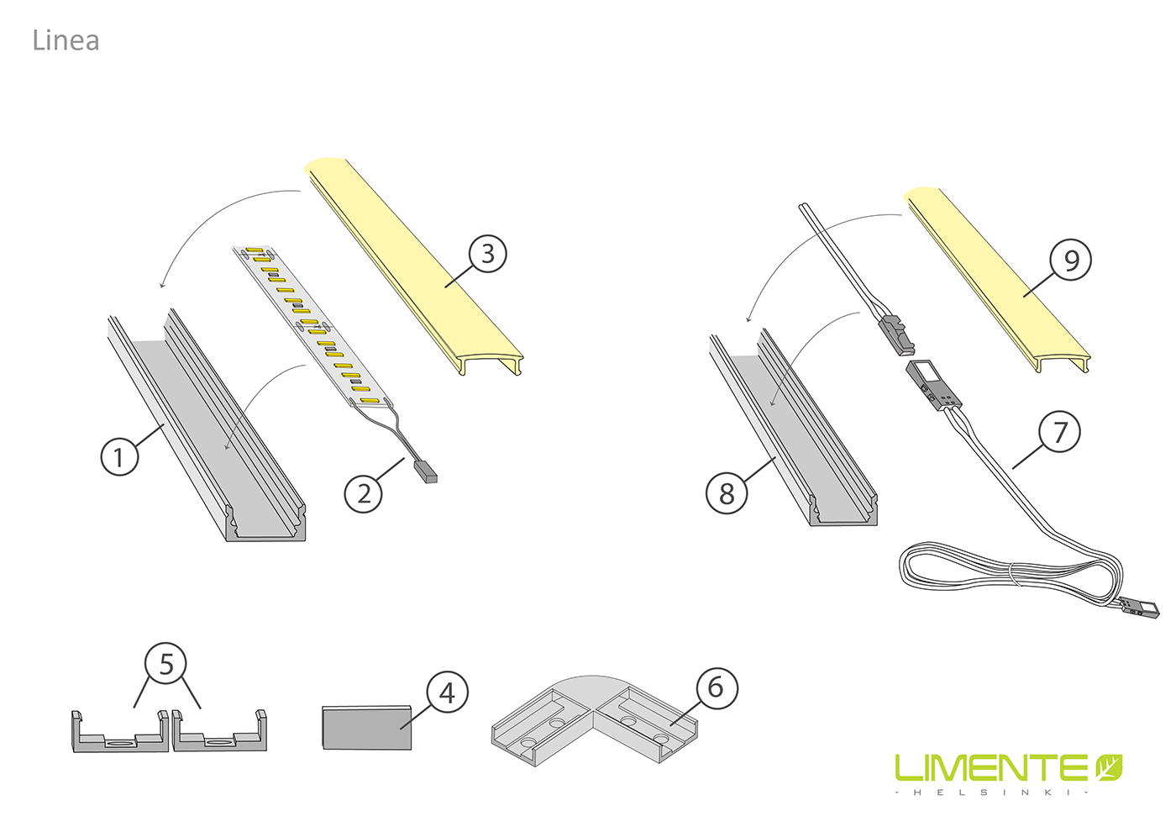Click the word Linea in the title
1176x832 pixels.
click(x=66, y=40)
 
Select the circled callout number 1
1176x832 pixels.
click(x=119, y=456)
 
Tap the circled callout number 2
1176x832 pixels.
click(x=363, y=494)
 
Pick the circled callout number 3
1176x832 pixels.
click(x=488, y=254)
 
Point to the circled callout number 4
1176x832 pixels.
click(x=447, y=692)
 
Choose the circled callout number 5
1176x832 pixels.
click(x=166, y=663)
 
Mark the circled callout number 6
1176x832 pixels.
click(x=717, y=688)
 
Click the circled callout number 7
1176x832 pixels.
click(x=1059, y=432)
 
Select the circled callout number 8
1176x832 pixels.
click(x=727, y=493)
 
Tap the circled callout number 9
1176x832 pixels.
click(x=1070, y=260)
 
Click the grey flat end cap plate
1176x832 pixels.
click(x=366, y=728)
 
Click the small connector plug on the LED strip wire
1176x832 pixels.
click(x=426, y=471)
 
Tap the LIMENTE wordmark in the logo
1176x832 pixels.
click(x=991, y=768)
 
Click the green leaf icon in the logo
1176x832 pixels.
click(x=1109, y=767)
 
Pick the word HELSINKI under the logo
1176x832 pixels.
click(x=992, y=792)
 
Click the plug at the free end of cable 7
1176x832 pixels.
click(x=1140, y=608)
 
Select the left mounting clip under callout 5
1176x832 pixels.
click(x=119, y=731)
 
